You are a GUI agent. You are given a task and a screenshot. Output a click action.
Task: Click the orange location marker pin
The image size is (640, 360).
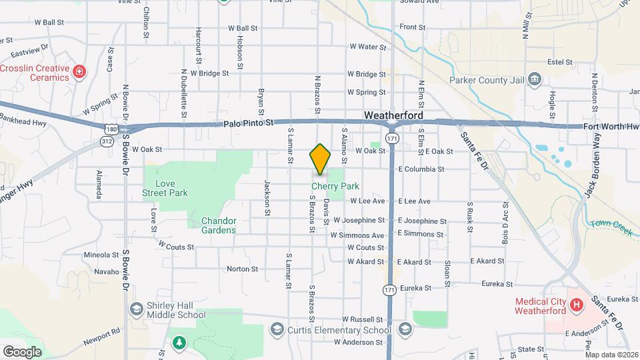click(x=320, y=159)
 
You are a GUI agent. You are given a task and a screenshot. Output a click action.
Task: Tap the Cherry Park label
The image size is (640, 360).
click(x=341, y=187)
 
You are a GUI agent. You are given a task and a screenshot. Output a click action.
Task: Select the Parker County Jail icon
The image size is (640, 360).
click(x=534, y=80)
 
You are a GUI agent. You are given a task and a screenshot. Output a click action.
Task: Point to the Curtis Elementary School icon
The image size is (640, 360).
click(x=277, y=329)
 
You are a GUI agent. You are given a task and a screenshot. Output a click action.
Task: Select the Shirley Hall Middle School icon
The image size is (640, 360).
click(x=137, y=309)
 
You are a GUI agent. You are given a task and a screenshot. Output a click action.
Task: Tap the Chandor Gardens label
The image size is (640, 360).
click(x=219, y=225)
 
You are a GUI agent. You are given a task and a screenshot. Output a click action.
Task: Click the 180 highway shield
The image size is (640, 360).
click(x=111, y=127)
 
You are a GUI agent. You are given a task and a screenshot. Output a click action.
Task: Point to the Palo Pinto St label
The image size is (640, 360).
click(x=249, y=123)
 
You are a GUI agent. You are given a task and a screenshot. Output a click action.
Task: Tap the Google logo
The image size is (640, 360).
click(x=22, y=351)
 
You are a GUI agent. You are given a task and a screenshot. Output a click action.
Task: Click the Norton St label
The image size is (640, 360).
click(x=242, y=269)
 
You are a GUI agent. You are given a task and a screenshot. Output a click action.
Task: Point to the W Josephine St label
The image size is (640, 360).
click(x=359, y=220)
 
